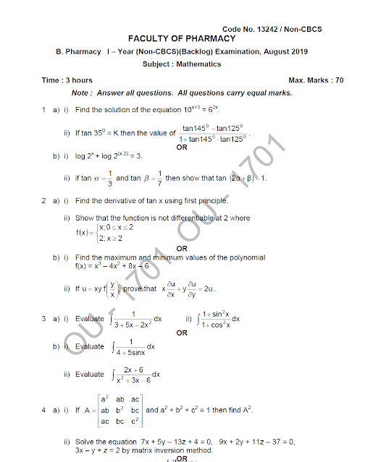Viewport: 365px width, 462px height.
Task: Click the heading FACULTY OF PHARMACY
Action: [182, 38]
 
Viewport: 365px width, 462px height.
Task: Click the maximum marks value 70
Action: [339, 80]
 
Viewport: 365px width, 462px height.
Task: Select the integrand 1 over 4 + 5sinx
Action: [131, 346]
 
